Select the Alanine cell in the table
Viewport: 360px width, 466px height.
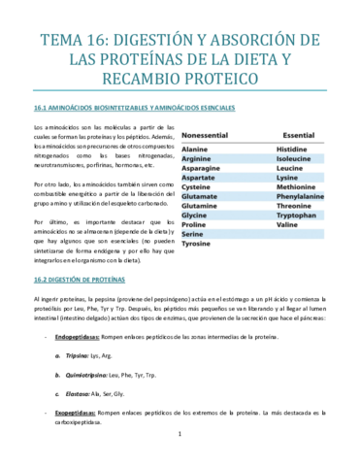(195, 150)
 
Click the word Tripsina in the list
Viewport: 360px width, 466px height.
(104, 356)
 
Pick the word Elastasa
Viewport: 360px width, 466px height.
(104, 394)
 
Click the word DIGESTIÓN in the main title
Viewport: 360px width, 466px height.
(156, 41)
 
